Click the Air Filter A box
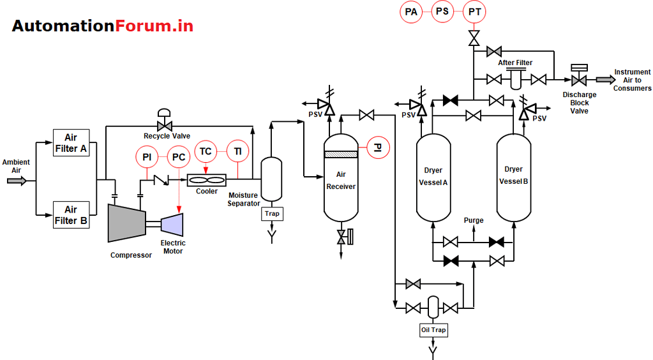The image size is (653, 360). click(71, 143)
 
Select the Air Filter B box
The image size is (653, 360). click(71, 214)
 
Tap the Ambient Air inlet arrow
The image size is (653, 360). click(17, 181)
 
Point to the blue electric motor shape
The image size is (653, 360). click(173, 223)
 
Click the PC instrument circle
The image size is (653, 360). click(179, 156)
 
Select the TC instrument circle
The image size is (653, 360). click(206, 151)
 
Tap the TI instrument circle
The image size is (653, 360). click(237, 151)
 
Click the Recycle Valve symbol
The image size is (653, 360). click(164, 126)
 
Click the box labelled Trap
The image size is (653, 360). click(272, 214)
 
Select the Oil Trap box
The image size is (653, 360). click(433, 330)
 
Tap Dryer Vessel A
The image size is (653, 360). click(433, 177)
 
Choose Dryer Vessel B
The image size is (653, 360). click(514, 177)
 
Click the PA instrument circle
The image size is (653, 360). click(411, 11)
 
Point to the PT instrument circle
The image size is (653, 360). click(474, 11)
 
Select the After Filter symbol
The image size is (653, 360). click(516, 79)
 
